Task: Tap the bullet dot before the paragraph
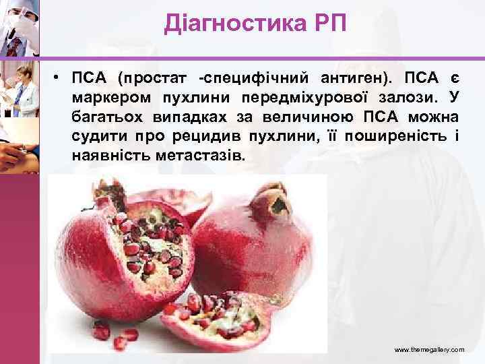59,75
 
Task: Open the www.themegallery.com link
428,351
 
